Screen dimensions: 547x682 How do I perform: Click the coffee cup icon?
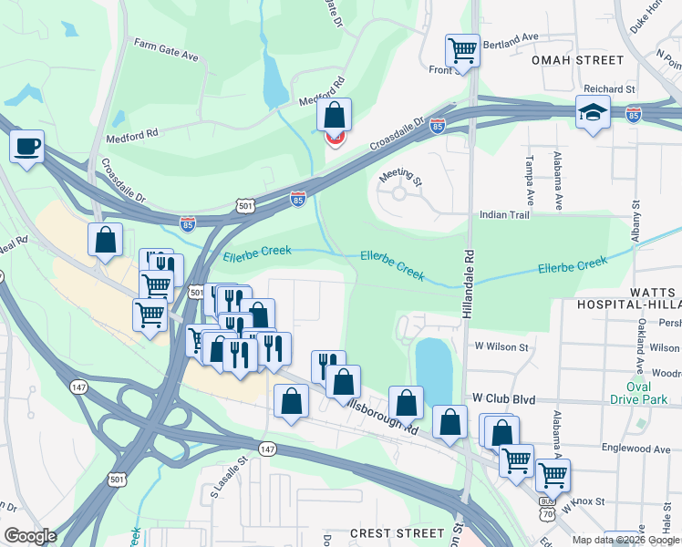point(26,146)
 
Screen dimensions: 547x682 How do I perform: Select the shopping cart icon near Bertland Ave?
point(462,50)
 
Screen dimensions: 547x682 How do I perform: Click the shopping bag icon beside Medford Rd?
point(335,116)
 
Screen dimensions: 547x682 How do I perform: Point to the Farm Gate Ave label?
point(166,49)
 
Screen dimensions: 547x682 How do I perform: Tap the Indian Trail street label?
point(504,215)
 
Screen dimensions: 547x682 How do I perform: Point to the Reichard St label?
point(611,89)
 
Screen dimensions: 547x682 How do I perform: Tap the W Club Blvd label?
point(500,399)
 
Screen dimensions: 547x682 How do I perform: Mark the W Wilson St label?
point(501,347)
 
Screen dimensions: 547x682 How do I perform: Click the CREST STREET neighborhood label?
point(398,532)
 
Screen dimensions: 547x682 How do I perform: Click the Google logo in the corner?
point(30,536)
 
